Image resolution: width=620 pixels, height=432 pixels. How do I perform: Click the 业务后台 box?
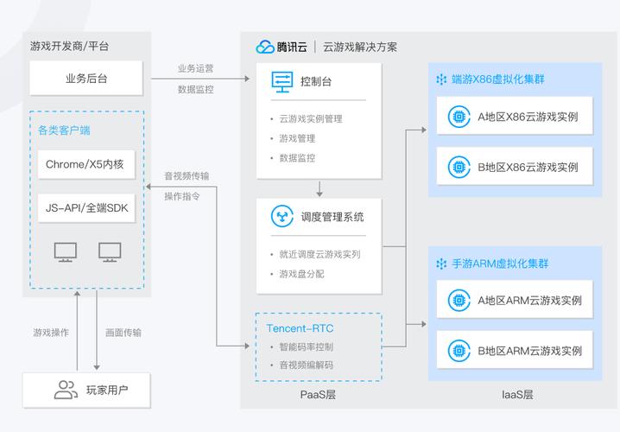click(86, 79)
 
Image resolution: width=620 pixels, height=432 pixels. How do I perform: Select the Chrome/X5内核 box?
click(86, 164)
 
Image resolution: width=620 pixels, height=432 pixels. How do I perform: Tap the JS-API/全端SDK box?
click(86, 208)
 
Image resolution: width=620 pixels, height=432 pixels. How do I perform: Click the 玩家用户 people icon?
click(66, 390)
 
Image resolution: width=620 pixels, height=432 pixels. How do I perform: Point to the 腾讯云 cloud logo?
click(265, 48)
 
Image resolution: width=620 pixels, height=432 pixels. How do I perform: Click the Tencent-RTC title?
click(300, 328)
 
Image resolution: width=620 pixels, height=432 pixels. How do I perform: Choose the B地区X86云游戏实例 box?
click(514, 166)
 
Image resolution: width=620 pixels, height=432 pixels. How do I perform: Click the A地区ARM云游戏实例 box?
click(514, 301)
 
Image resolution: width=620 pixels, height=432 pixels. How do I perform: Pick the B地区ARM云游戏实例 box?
click(514, 350)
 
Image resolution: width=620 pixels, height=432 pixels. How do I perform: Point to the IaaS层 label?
click(517, 395)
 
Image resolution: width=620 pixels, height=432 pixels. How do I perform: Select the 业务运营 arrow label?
click(196, 68)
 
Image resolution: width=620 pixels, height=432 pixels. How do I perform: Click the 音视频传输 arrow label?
click(187, 175)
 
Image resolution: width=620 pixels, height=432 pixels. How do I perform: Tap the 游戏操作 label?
click(51, 333)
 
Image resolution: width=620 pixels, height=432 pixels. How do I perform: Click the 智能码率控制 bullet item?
click(305, 347)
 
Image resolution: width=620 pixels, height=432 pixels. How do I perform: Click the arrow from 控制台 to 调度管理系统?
click(319, 187)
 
